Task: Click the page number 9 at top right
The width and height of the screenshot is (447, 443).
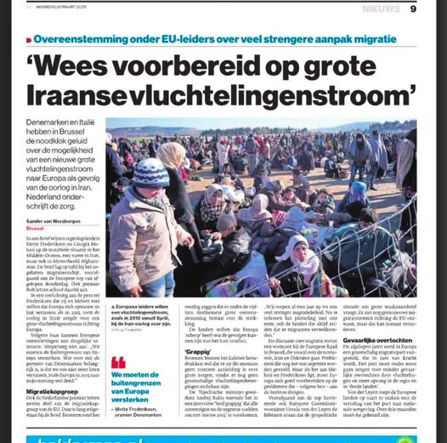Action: click(x=413, y=9)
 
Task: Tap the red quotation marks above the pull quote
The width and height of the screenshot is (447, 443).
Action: click(x=118, y=362)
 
